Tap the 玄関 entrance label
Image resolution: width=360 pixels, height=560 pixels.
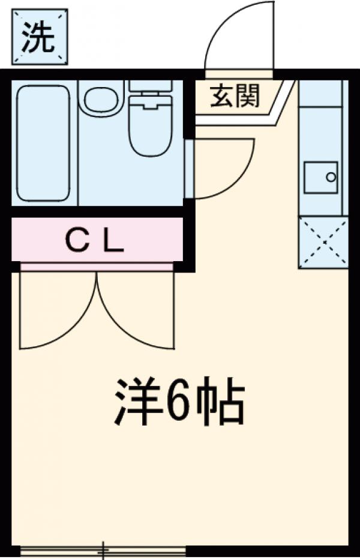click(x=235, y=96)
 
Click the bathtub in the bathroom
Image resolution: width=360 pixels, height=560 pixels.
click(x=43, y=143)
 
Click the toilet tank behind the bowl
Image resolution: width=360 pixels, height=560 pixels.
click(x=151, y=86)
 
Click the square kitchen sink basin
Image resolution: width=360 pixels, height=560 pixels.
click(x=320, y=177)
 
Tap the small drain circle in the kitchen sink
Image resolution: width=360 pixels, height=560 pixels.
click(x=330, y=177)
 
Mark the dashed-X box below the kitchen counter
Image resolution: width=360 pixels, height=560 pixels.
click(x=323, y=242)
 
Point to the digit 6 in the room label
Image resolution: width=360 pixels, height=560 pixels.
click(x=178, y=402)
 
